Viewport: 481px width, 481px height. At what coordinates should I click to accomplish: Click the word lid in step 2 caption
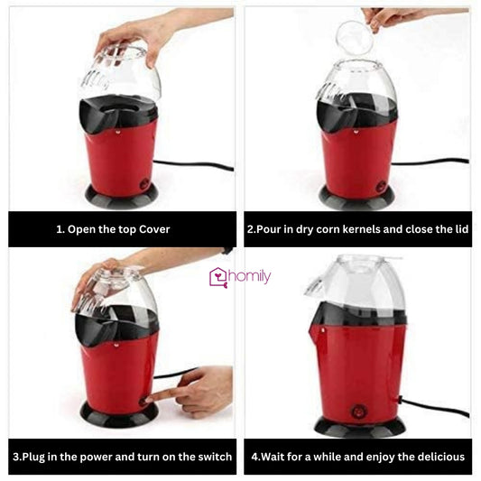[x=460, y=229]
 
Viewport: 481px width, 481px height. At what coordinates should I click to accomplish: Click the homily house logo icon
[x=218, y=277]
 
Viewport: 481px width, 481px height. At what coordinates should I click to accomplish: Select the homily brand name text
[x=250, y=277]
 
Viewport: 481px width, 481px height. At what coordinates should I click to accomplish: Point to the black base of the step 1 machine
[x=121, y=194]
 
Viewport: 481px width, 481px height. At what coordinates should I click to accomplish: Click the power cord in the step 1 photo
[x=193, y=165]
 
